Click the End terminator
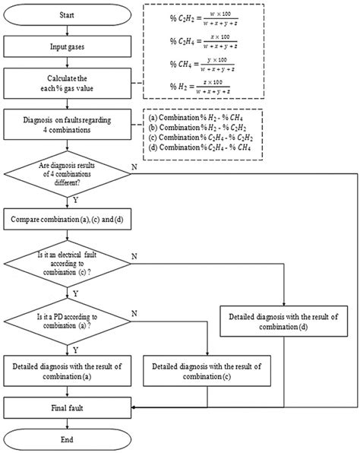pyautogui.click(x=68, y=439)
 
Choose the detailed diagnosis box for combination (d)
pyautogui.click(x=283, y=322)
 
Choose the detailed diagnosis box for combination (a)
pyautogui.click(x=68, y=371)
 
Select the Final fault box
pyautogui.click(x=68, y=408)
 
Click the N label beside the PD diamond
pyautogui.click(x=134, y=312)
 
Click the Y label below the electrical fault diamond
pyautogui.click(x=75, y=291)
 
